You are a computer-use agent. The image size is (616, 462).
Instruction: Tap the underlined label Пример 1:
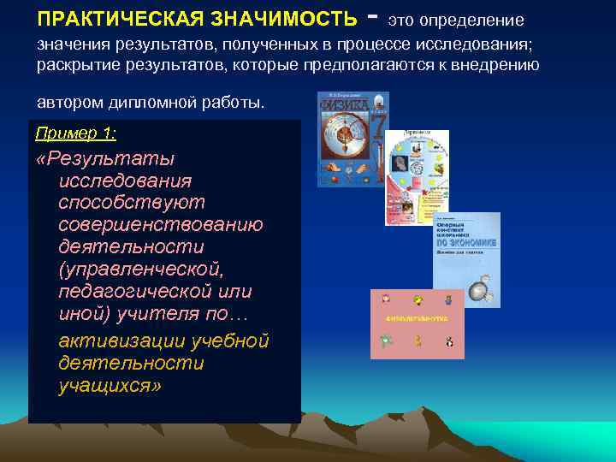(x=76, y=133)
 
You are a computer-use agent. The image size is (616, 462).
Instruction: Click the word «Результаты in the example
(x=106, y=159)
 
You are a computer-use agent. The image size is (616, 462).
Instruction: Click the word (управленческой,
(x=141, y=269)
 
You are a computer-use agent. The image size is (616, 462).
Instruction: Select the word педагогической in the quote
(x=128, y=291)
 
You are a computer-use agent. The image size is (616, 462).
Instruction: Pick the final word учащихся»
(x=110, y=385)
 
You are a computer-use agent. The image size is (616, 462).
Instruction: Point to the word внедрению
(x=498, y=65)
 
